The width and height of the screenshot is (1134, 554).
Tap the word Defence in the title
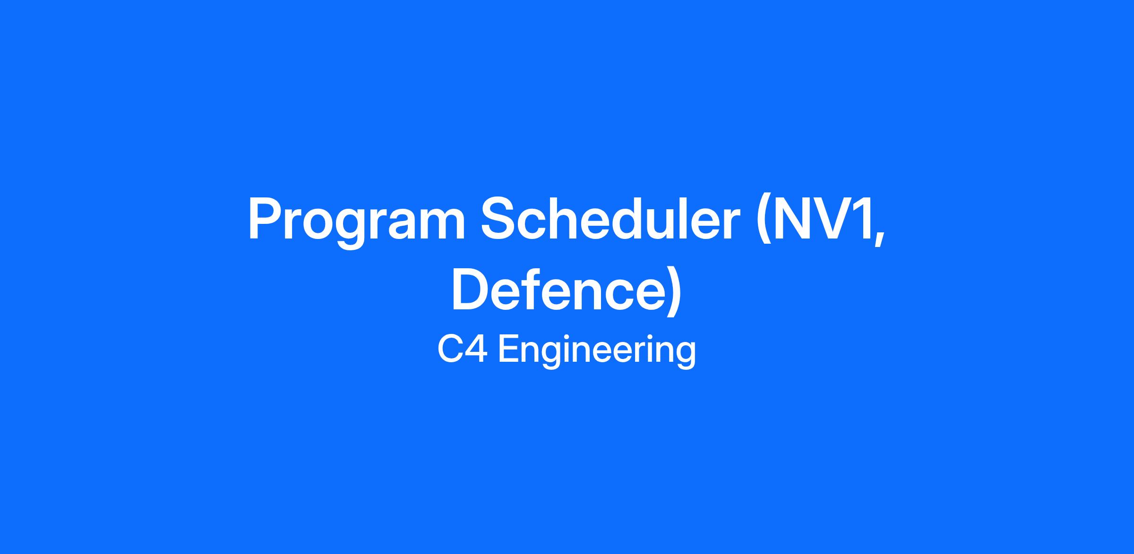click(x=558, y=289)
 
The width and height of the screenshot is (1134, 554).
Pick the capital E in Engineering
click(x=508, y=349)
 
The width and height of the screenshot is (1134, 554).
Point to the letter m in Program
click(x=439, y=225)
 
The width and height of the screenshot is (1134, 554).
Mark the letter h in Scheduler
click(x=570, y=218)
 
